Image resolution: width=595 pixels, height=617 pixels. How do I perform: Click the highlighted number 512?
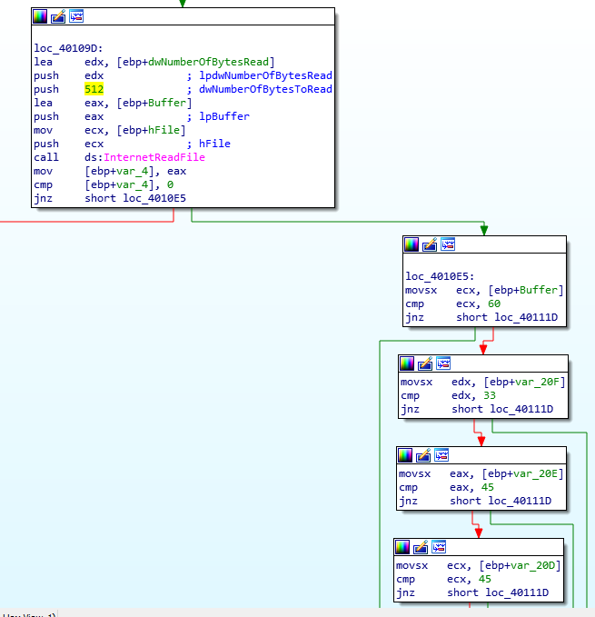tap(94, 89)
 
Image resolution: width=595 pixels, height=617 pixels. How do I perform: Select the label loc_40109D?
tap(68, 48)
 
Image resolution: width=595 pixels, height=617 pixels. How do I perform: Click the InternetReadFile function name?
tap(154, 157)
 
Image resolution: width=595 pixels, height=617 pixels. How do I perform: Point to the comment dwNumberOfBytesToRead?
tap(265, 89)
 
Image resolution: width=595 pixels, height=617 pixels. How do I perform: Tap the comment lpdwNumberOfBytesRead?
tap(265, 75)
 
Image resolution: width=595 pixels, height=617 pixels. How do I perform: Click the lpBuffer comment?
tap(224, 116)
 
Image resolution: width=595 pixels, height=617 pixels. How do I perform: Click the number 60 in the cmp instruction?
tap(494, 304)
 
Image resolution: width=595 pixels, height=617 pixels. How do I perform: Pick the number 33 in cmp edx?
tap(490, 395)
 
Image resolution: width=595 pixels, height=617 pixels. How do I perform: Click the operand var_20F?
tap(544, 382)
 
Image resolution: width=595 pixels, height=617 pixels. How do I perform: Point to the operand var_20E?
tap(542, 473)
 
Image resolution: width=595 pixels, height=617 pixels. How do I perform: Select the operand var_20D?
tap(540, 565)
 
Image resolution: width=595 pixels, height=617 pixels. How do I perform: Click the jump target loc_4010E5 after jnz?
tap(154, 198)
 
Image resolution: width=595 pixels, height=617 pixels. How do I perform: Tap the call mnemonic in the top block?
tap(46, 157)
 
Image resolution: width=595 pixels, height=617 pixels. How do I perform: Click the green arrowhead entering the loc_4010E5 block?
tap(484, 230)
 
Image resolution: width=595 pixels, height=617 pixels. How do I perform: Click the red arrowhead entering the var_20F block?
tap(483, 350)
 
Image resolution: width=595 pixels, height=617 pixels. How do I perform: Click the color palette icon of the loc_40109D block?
tap(40, 16)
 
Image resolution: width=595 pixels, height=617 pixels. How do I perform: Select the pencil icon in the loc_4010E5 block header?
tap(430, 244)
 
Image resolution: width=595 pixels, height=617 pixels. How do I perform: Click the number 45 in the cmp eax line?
tap(488, 487)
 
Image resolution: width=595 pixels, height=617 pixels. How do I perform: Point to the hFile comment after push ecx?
tap(214, 144)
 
